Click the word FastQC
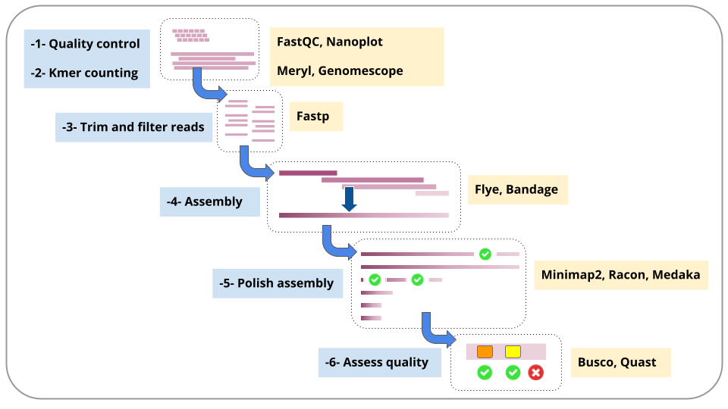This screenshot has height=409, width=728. [299, 42]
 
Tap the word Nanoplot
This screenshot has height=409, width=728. [354, 42]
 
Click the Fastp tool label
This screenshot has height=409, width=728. [313, 116]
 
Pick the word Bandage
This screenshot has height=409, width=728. [532, 189]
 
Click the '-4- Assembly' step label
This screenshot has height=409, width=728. [204, 201]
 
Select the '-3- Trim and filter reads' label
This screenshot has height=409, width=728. [133, 127]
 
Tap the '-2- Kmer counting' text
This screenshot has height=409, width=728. [84, 73]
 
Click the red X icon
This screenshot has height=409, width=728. [536, 373]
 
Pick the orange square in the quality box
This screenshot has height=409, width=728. [485, 351]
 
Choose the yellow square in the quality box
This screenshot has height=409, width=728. [513, 351]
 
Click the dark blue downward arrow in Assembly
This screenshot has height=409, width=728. [349, 199]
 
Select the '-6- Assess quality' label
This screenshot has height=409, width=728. [377, 362]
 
